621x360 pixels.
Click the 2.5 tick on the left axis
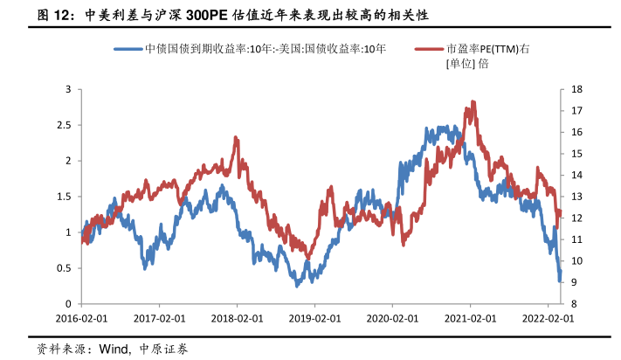(x=63, y=125)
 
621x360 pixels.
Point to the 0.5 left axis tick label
(x=63, y=267)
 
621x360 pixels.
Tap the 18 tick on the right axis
(x=576, y=89)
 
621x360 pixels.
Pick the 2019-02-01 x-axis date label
(x=314, y=319)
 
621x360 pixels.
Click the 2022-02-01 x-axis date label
(x=548, y=319)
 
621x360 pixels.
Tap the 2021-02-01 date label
(x=470, y=319)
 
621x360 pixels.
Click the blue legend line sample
(x=128, y=49)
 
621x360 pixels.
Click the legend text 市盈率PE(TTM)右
(x=487, y=49)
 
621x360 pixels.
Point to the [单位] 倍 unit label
(x=466, y=64)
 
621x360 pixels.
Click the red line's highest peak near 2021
(x=472, y=103)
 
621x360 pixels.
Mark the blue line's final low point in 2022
(x=560, y=280)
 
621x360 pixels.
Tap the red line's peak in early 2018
(x=236, y=138)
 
